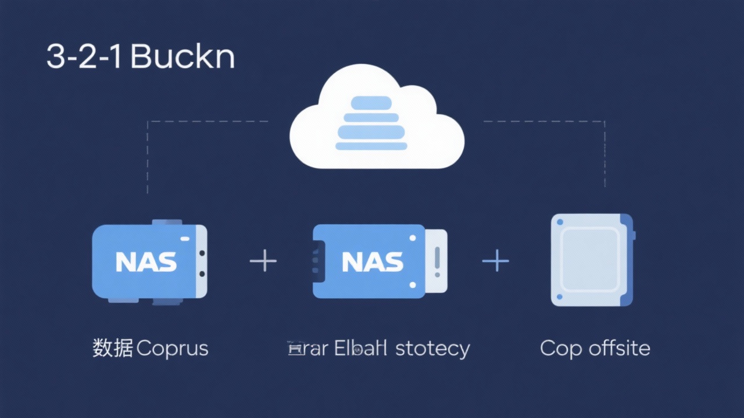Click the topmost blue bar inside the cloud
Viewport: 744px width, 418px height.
pyautogui.click(x=371, y=103)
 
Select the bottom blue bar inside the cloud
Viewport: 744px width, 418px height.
pyautogui.click(x=371, y=146)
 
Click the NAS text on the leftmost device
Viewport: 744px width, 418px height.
pyautogui.click(x=146, y=262)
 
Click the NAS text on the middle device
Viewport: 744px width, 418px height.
pyautogui.click(x=373, y=262)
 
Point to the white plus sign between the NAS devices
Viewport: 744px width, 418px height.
pyautogui.click(x=263, y=261)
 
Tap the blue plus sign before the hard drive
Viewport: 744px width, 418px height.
pyautogui.click(x=496, y=261)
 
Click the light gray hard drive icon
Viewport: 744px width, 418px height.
pyautogui.click(x=591, y=260)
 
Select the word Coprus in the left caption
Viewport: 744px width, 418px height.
pyautogui.click(x=172, y=349)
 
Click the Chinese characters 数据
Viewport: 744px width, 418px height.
pyautogui.click(x=113, y=348)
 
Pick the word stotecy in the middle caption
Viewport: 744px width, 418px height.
pyautogui.click(x=432, y=349)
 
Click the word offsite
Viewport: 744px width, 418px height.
pyautogui.click(x=619, y=348)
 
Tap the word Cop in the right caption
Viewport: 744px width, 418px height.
pyautogui.click(x=561, y=349)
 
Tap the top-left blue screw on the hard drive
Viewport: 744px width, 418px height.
pyautogui.click(x=560, y=222)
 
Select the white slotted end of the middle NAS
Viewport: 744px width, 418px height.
pyautogui.click(x=437, y=261)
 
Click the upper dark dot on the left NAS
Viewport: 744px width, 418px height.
pyautogui.click(x=202, y=253)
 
